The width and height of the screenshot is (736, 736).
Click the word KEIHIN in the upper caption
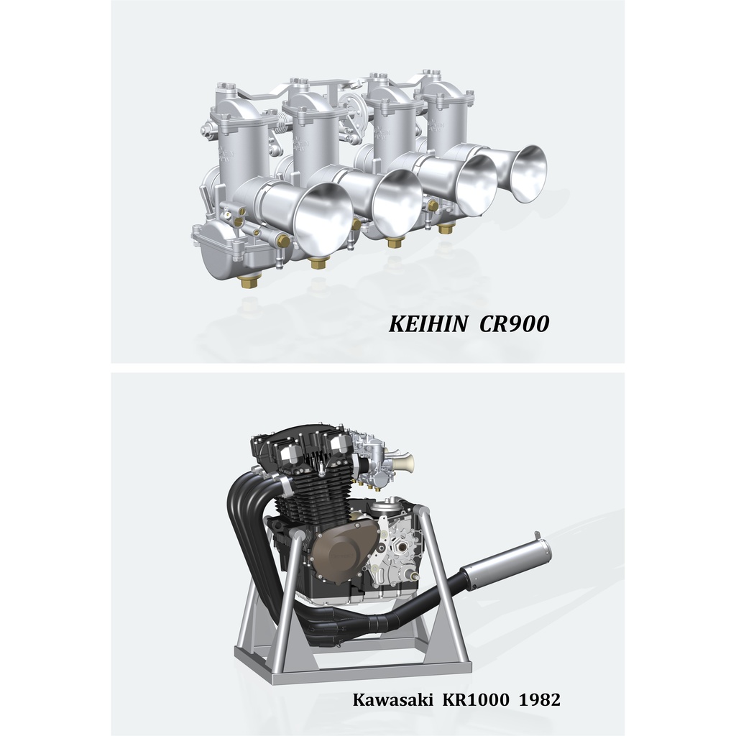[x=428, y=324]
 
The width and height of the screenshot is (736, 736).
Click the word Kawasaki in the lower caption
[x=393, y=700]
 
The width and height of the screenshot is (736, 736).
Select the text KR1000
[x=476, y=700]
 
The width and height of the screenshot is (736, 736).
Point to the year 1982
[x=539, y=700]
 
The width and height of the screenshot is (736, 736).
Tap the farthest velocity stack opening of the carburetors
[x=530, y=173]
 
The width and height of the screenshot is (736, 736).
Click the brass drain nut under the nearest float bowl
[x=249, y=282]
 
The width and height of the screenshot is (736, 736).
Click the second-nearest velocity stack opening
[x=399, y=203]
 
